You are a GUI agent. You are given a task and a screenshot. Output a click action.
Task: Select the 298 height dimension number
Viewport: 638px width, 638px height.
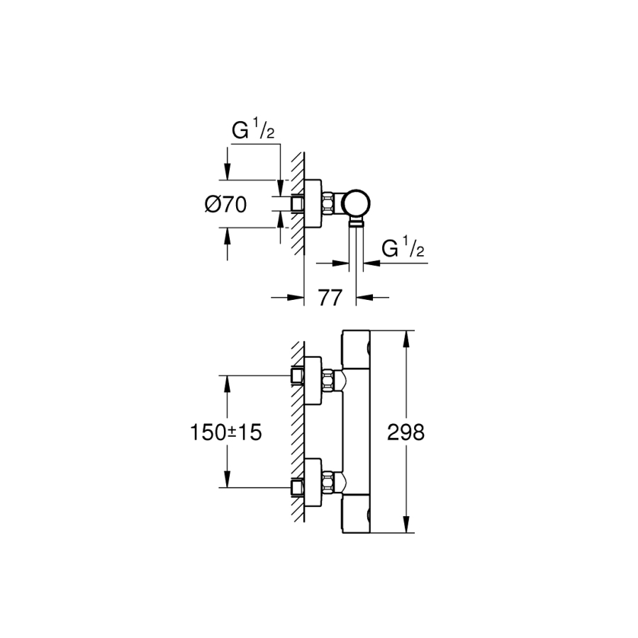[x=406, y=432]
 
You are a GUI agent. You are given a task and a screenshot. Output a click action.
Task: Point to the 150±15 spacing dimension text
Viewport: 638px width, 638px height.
[x=225, y=432]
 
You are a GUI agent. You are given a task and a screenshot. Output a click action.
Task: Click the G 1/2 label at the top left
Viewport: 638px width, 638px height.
[x=253, y=131]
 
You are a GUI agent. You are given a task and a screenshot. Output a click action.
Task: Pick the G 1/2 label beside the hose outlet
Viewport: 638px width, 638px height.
[x=403, y=249]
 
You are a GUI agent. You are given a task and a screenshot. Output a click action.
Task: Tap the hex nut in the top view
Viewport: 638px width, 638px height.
[x=329, y=204]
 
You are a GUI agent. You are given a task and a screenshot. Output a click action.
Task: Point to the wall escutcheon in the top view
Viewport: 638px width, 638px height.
[x=311, y=204]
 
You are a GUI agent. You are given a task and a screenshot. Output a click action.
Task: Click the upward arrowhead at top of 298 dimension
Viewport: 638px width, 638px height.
[x=405, y=338]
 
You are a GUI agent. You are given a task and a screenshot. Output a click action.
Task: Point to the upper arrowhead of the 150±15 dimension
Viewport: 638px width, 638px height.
[x=227, y=384]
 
